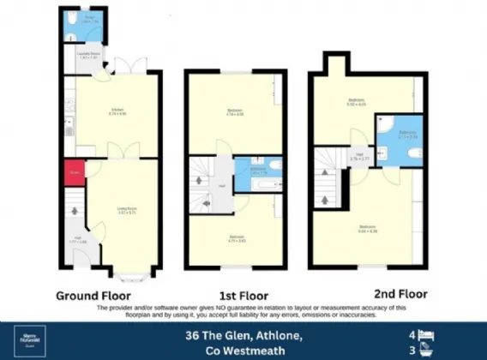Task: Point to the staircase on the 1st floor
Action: (203, 184)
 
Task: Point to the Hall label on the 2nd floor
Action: (359, 157)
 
